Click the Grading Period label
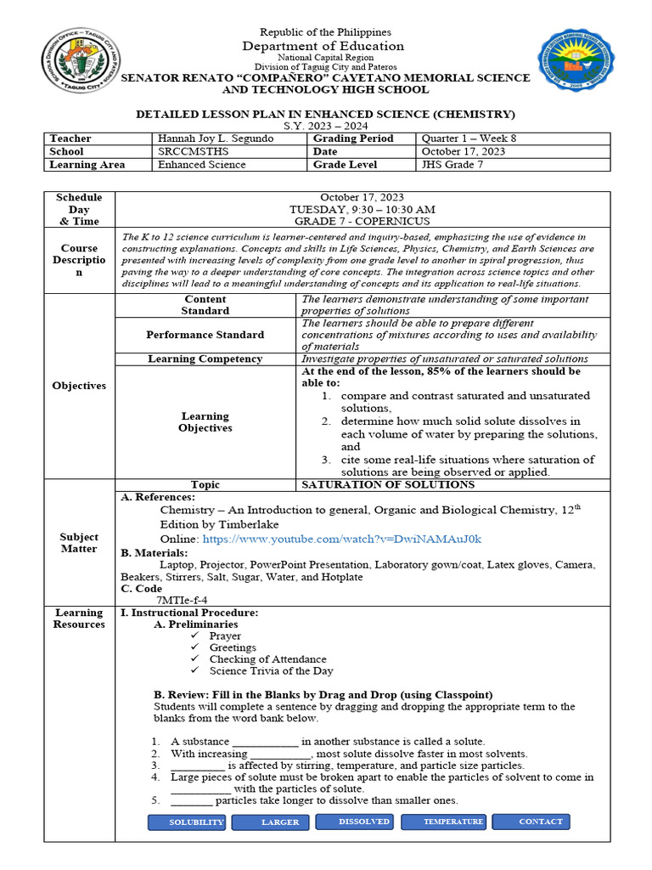coord(353,138)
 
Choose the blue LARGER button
coord(279,822)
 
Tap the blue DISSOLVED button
coord(364,822)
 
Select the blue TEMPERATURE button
coord(452,822)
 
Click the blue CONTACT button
coord(541,822)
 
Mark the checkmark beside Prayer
coord(195,636)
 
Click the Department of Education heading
coord(325,46)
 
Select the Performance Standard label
coord(205,335)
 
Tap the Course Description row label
coord(79,259)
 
